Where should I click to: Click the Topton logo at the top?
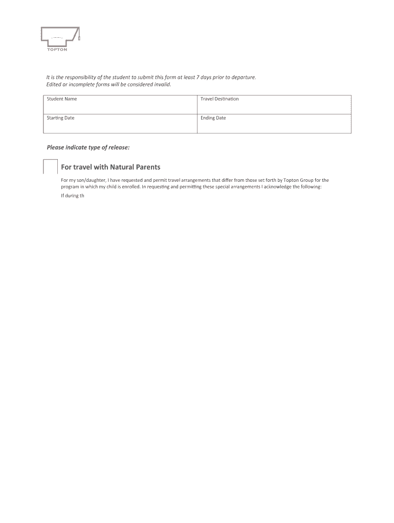coord(60,39)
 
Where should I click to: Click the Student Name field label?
coord(62,99)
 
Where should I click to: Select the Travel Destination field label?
coord(220,99)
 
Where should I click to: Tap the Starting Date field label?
coord(61,118)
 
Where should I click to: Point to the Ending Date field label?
coord(213,118)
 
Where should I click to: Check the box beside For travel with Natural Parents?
coord(50,167)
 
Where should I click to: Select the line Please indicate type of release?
coord(88,148)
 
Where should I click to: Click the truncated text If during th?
coord(72,196)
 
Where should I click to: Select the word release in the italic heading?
coord(119,148)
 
